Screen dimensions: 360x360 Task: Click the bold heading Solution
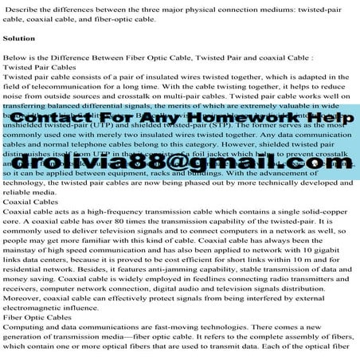click(20, 38)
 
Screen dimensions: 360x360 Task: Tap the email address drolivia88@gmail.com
click(179, 162)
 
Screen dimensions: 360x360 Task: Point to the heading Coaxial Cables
click(30, 202)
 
